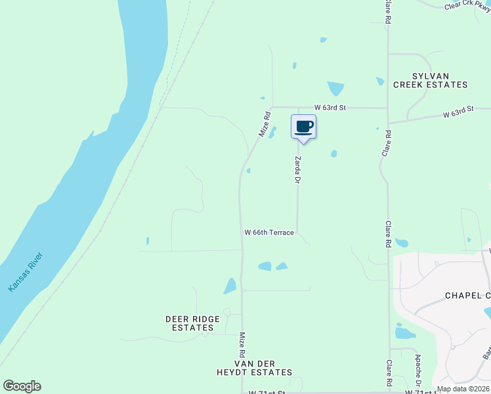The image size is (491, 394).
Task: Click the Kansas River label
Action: pyautogui.click(x=26, y=272)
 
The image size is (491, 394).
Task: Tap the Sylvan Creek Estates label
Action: pyautogui.click(x=430, y=80)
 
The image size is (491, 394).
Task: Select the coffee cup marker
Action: pyautogui.click(x=303, y=127)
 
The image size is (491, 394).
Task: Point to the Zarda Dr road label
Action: pyautogui.click(x=297, y=169)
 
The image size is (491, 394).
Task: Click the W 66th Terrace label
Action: pyautogui.click(x=269, y=232)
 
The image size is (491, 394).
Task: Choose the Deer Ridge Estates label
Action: pyautogui.click(x=192, y=323)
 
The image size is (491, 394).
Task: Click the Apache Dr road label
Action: pyautogui.click(x=418, y=371)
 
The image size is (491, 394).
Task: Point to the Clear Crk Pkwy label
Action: pyautogui.click(x=467, y=6)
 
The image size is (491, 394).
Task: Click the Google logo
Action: pyautogui.click(x=22, y=386)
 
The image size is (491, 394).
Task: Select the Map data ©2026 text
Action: pyautogui.click(x=463, y=389)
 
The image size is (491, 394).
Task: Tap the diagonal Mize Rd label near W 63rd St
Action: pyautogui.click(x=265, y=123)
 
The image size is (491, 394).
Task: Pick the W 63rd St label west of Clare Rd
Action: pyautogui.click(x=330, y=107)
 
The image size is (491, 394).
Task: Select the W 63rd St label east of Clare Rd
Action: pyautogui.click(x=458, y=112)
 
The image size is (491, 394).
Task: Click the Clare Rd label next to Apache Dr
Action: pyautogui.click(x=389, y=372)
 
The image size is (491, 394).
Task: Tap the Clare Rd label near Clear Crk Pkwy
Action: pyautogui.click(x=388, y=12)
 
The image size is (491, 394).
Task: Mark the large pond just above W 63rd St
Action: pyautogui.click(x=335, y=88)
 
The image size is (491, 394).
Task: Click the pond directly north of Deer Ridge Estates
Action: pyautogui.click(x=230, y=286)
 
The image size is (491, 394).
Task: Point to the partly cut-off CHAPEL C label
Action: pyautogui.click(x=467, y=295)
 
